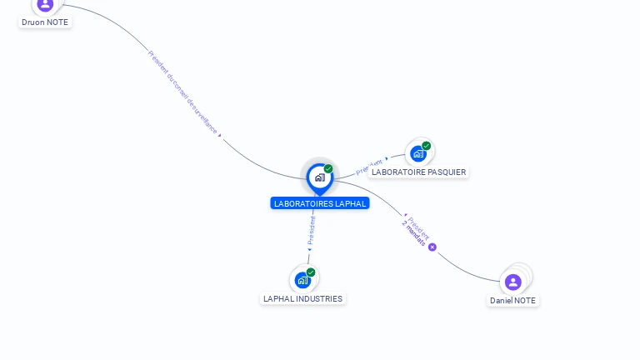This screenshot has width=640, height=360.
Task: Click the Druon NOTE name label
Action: [x=45, y=22]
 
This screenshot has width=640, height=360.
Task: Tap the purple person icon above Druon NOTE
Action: [x=45, y=5]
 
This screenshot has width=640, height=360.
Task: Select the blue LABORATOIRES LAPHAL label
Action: [x=320, y=203]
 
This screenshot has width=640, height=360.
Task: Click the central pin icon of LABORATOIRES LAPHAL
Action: [x=319, y=177]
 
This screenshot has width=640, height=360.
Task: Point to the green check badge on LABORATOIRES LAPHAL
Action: [x=328, y=169]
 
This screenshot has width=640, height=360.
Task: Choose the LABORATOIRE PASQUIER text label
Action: [x=418, y=172]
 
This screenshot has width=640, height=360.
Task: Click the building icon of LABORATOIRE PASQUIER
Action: [x=418, y=154]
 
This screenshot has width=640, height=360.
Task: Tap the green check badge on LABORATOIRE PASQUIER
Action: [x=427, y=146]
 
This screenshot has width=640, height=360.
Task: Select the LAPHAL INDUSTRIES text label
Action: [x=302, y=298]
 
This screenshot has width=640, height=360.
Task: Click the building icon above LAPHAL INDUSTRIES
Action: [x=302, y=280]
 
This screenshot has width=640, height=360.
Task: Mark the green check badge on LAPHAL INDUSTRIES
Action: [x=311, y=272]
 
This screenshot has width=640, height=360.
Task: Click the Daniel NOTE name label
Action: [x=513, y=300]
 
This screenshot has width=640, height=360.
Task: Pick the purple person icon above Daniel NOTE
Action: [x=513, y=282]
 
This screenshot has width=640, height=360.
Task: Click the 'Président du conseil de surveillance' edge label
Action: [x=182, y=92]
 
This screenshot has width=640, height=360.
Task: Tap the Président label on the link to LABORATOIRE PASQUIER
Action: [x=369, y=167]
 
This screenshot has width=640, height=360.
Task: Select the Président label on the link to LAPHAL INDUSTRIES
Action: [x=312, y=229]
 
